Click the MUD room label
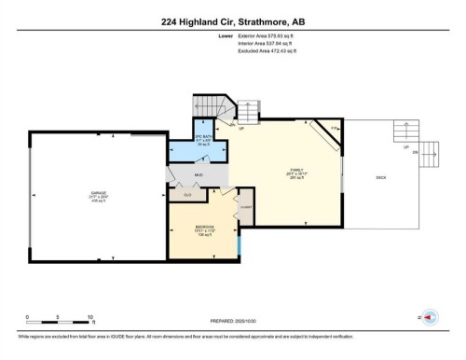199,174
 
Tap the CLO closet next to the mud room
186,195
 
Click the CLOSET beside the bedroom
246,206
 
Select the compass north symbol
430,316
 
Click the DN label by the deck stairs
413,154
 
